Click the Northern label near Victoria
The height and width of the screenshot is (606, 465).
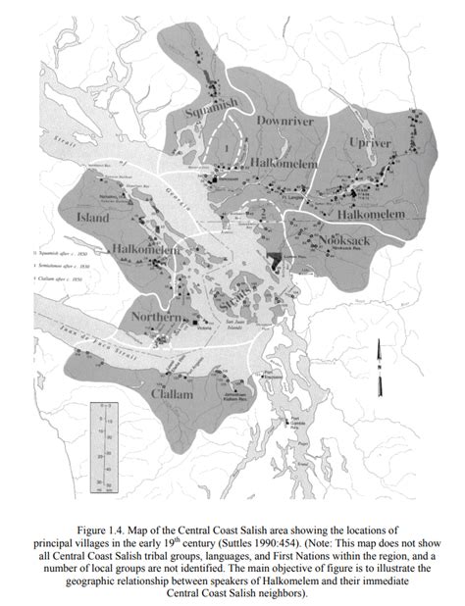click(x=154, y=319)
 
